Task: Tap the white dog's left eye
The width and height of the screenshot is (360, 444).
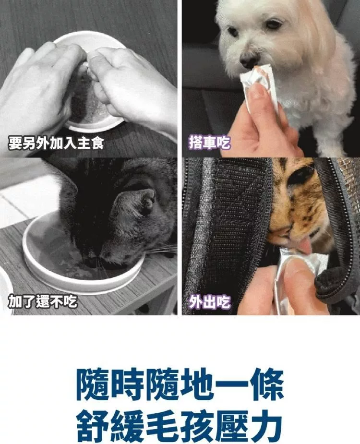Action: tap(274, 24)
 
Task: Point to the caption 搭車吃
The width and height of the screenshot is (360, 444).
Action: tap(209, 143)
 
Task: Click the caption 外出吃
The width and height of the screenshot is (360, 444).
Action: tap(209, 302)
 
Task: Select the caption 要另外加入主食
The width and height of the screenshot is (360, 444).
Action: tap(56, 143)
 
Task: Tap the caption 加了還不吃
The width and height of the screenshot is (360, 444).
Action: tap(42, 301)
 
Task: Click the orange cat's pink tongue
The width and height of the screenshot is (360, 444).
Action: tap(306, 246)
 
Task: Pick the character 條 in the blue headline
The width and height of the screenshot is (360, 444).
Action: tap(266, 384)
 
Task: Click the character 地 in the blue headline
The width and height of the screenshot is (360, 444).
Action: tap(197, 384)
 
